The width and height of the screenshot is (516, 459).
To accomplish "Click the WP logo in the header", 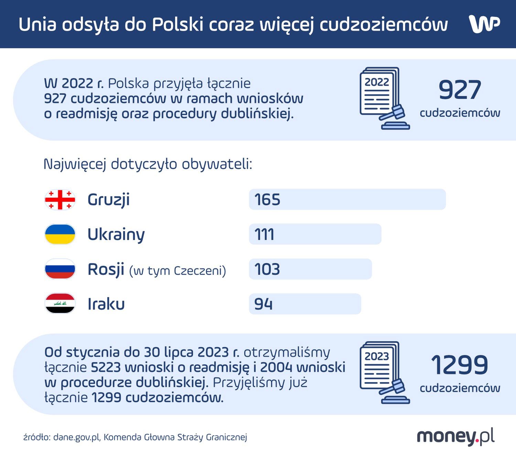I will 484,24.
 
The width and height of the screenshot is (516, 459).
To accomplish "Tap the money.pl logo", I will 455,437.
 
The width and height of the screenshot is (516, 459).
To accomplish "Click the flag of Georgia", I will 60,200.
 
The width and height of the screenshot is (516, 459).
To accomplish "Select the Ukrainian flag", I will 60,234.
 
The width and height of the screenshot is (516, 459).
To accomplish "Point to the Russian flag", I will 60,269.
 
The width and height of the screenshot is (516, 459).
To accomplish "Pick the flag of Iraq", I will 60,303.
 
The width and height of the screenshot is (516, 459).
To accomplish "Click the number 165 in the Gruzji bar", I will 267,200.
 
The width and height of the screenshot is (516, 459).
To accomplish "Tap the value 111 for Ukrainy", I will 264,234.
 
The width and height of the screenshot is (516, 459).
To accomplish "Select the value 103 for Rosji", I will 267,269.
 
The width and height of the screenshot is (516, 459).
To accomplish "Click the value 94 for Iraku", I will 263,304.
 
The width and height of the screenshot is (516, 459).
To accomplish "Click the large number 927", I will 460,90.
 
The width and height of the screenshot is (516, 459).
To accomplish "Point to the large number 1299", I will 460,365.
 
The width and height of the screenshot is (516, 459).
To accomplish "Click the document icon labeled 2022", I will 384,98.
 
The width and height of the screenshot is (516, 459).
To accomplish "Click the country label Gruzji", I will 108,200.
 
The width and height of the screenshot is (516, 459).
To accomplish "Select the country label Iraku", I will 106,304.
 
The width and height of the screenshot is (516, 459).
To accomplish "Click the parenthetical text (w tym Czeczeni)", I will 178,271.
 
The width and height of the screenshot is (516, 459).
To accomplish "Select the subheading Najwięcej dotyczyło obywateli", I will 148,164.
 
